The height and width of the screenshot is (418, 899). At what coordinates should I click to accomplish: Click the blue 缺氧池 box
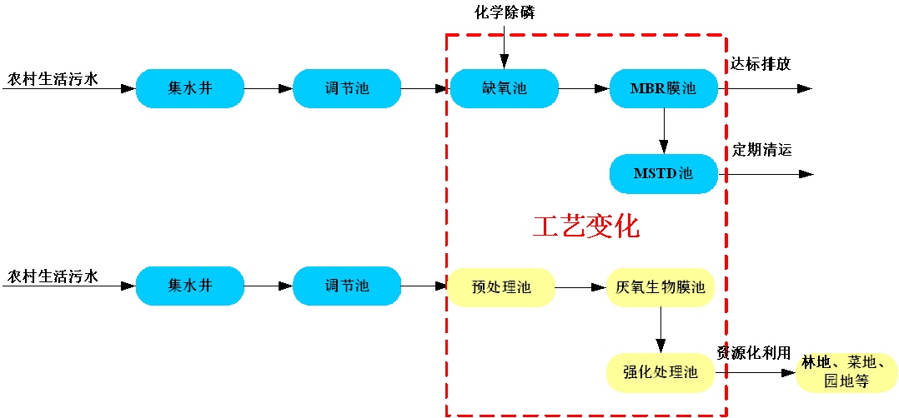coord(504,88)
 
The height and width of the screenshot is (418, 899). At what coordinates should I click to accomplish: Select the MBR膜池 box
coord(664,88)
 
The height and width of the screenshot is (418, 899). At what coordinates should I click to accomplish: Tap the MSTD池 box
coord(664,174)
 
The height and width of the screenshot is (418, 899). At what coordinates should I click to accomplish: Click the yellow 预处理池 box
coord(501,287)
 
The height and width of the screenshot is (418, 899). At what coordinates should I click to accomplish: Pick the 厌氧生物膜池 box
coord(660,287)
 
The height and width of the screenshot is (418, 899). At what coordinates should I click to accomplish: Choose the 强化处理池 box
coord(660,372)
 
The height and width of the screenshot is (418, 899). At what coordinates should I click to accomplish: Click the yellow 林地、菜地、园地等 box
coord(846,372)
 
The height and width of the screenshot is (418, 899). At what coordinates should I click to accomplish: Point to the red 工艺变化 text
coord(586,226)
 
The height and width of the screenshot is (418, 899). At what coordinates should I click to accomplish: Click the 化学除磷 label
coord(504,12)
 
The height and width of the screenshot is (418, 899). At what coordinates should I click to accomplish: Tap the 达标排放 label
coord(761,64)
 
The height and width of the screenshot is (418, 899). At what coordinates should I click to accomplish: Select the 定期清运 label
coord(762,151)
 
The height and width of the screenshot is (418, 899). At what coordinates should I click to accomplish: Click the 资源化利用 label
coord(754,353)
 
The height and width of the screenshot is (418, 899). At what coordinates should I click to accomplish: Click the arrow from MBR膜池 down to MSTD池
coord(664,130)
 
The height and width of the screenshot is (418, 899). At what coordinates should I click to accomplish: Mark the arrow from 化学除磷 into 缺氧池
coord(504,46)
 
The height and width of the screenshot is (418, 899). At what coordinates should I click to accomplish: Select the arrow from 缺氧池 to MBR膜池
coord(583,88)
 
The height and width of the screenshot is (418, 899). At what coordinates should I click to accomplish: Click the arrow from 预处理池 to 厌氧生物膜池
coord(580,287)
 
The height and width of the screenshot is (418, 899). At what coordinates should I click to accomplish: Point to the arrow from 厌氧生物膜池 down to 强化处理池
coord(660,330)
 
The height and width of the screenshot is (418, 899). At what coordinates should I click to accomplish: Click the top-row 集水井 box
coord(190,88)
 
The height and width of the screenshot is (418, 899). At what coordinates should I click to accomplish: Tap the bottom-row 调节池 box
coord(347,286)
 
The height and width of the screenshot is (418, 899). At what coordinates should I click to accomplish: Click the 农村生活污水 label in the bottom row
coord(53,275)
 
